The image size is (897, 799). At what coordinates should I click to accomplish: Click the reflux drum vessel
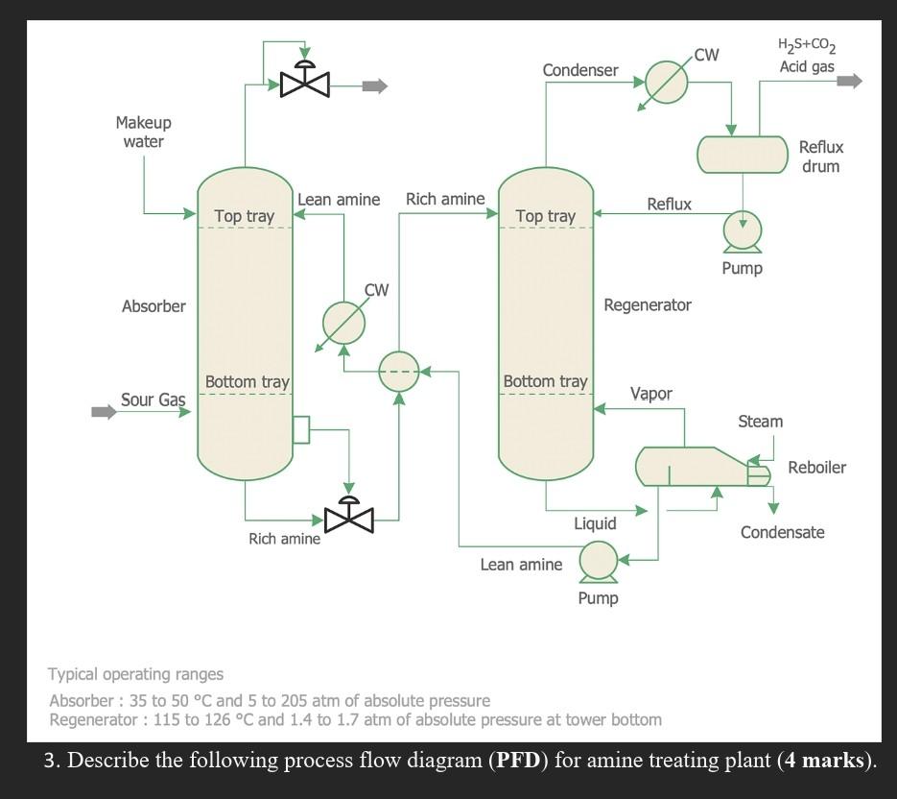point(742,155)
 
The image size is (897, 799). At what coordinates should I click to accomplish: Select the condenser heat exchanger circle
point(667,82)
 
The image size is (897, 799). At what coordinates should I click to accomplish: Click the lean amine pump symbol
point(598,562)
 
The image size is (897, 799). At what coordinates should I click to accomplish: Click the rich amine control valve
point(350,516)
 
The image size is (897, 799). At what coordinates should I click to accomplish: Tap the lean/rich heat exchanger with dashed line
point(399,371)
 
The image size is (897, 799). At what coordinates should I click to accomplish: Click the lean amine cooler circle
point(343,323)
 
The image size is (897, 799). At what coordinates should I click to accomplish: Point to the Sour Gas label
point(153,399)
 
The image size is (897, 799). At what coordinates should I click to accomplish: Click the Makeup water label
point(143,133)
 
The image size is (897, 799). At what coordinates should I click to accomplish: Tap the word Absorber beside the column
point(153,306)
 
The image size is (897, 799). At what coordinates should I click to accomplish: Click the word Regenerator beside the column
point(648,305)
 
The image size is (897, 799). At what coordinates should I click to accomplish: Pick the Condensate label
point(782,532)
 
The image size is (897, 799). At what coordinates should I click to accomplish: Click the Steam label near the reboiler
point(760,422)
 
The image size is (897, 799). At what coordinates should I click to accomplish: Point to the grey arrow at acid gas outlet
point(849,82)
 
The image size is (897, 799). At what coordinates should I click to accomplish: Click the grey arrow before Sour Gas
point(103,412)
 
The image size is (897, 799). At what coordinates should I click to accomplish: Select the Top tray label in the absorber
point(245,216)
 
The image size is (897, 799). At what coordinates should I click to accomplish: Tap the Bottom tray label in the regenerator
point(545,381)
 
